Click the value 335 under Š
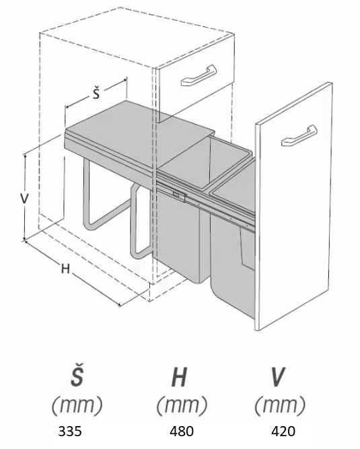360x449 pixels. (x=70, y=431)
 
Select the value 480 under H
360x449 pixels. (x=182, y=431)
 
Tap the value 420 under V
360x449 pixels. (x=283, y=431)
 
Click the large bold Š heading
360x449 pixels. (x=77, y=374)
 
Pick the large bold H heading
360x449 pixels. (x=180, y=377)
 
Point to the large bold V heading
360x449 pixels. (x=278, y=377)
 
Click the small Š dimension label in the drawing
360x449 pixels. (x=96, y=94)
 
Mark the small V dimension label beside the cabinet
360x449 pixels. (x=24, y=198)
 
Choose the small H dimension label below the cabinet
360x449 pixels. (x=65, y=269)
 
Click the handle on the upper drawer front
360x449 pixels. (x=198, y=75)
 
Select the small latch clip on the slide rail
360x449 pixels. (x=179, y=195)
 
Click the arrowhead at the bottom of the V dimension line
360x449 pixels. (x=25, y=239)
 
